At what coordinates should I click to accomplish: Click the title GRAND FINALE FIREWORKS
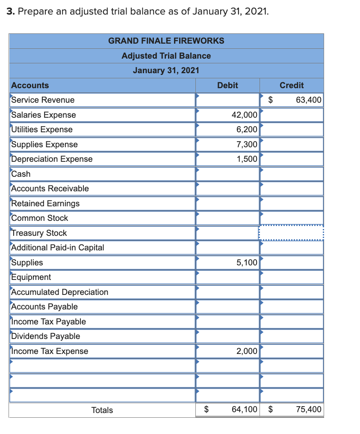(x=166, y=41)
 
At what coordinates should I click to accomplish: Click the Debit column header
(x=227, y=85)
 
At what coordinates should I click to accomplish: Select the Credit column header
(x=292, y=85)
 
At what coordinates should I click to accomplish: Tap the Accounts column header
(x=30, y=85)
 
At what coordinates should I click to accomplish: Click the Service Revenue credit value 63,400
(x=308, y=100)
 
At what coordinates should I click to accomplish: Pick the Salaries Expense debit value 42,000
(x=244, y=115)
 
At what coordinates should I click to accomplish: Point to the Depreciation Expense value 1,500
(x=247, y=159)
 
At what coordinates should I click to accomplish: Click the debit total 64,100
(x=244, y=410)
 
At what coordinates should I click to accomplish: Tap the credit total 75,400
(x=308, y=410)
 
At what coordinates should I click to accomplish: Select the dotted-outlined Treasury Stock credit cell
(x=291, y=233)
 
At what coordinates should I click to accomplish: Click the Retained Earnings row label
(x=45, y=203)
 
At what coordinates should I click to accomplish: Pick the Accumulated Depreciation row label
(x=59, y=292)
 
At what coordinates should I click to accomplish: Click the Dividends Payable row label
(x=45, y=336)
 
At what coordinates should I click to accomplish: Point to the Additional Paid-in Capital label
(x=57, y=247)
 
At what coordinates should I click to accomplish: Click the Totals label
(x=102, y=410)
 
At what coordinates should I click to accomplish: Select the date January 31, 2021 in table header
(x=166, y=70)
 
